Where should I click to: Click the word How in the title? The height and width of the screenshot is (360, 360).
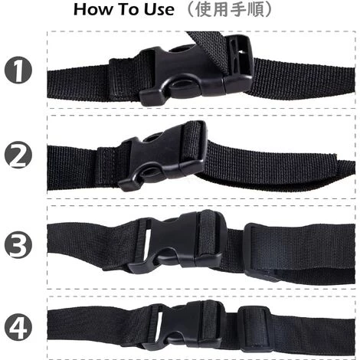[93, 9]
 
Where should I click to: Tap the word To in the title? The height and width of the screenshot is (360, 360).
[129, 9]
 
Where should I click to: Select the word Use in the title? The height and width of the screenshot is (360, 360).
[159, 9]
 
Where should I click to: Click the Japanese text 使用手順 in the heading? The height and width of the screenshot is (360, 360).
[230, 10]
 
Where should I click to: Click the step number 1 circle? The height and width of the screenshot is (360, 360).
[18, 70]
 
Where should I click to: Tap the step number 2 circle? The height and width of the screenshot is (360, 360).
[18, 155]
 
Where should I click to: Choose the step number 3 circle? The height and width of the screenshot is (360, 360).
[18, 244]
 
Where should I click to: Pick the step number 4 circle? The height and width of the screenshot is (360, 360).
[18, 327]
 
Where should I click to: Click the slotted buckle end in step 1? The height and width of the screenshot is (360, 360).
[238, 64]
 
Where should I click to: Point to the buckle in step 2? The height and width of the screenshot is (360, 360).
[162, 155]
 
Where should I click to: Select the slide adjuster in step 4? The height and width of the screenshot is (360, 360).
[254, 328]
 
